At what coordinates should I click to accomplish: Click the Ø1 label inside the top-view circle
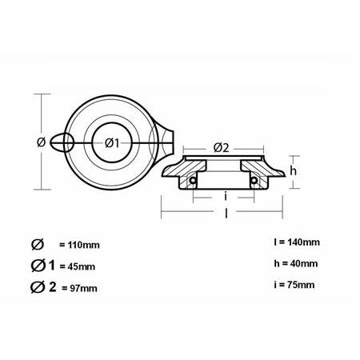point(113,142)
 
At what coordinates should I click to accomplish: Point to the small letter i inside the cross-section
point(227,196)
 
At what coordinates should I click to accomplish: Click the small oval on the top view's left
point(63,142)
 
